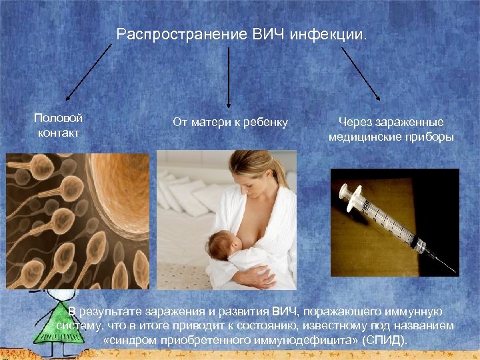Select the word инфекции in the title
click(328, 33)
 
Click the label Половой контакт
click(58, 125)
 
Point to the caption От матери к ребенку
click(230, 122)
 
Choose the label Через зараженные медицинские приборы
click(391, 129)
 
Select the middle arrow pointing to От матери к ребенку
click(229, 77)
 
